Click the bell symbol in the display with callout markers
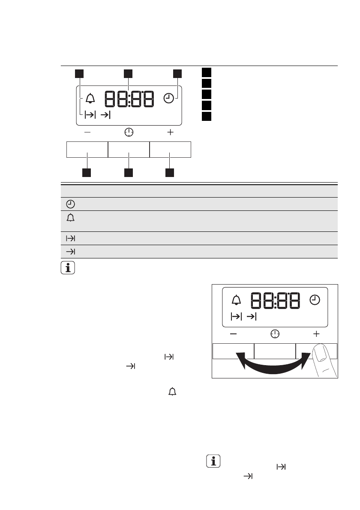90,99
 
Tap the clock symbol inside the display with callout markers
169,99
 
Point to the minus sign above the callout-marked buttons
87,133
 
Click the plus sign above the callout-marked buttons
171,133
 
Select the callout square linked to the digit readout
128,74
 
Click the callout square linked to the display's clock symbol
177,74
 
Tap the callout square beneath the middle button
128,173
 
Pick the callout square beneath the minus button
87,173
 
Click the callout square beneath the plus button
170,173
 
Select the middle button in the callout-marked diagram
128,150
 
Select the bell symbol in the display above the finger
236,300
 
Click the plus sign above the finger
316,333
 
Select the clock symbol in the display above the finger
315,300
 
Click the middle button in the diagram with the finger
275,350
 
